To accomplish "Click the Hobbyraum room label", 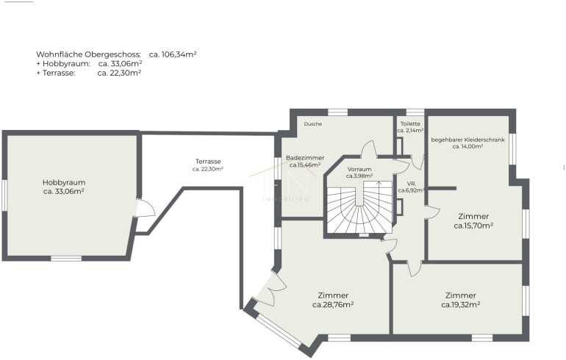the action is pos(64,182).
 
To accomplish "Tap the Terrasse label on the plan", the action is pos(208,162).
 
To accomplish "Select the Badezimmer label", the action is pos(305,158).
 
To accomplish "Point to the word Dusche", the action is pos(312,123).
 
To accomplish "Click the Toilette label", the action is pos(410,123).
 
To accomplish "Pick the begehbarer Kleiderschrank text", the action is pos(468,140).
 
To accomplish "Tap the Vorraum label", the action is pos(359,169).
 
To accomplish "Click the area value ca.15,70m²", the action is pos(473,226).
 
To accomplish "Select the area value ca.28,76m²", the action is pos(333,305).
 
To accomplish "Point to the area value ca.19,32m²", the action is pos(461,305).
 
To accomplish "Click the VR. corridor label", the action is pos(411,184).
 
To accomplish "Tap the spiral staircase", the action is pos(359,207).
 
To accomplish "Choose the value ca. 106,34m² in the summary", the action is pos(173,54).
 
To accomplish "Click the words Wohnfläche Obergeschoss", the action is pos(88,54).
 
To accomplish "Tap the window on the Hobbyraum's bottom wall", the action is pos(66,259).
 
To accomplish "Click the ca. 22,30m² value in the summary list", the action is pos(119,73).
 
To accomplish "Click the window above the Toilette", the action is pos(415,112).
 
